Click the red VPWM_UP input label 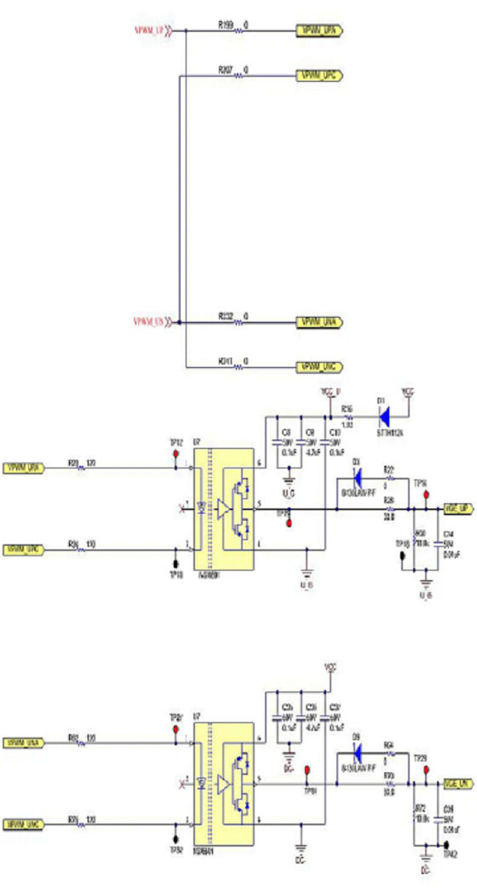(149, 32)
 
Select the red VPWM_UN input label (149, 323)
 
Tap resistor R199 (238, 32)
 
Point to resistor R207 (238, 76)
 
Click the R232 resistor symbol (238, 323)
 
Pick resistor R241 (238, 366)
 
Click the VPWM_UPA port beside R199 (319, 32)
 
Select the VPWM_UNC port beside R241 (319, 366)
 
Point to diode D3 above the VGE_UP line (356, 476)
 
